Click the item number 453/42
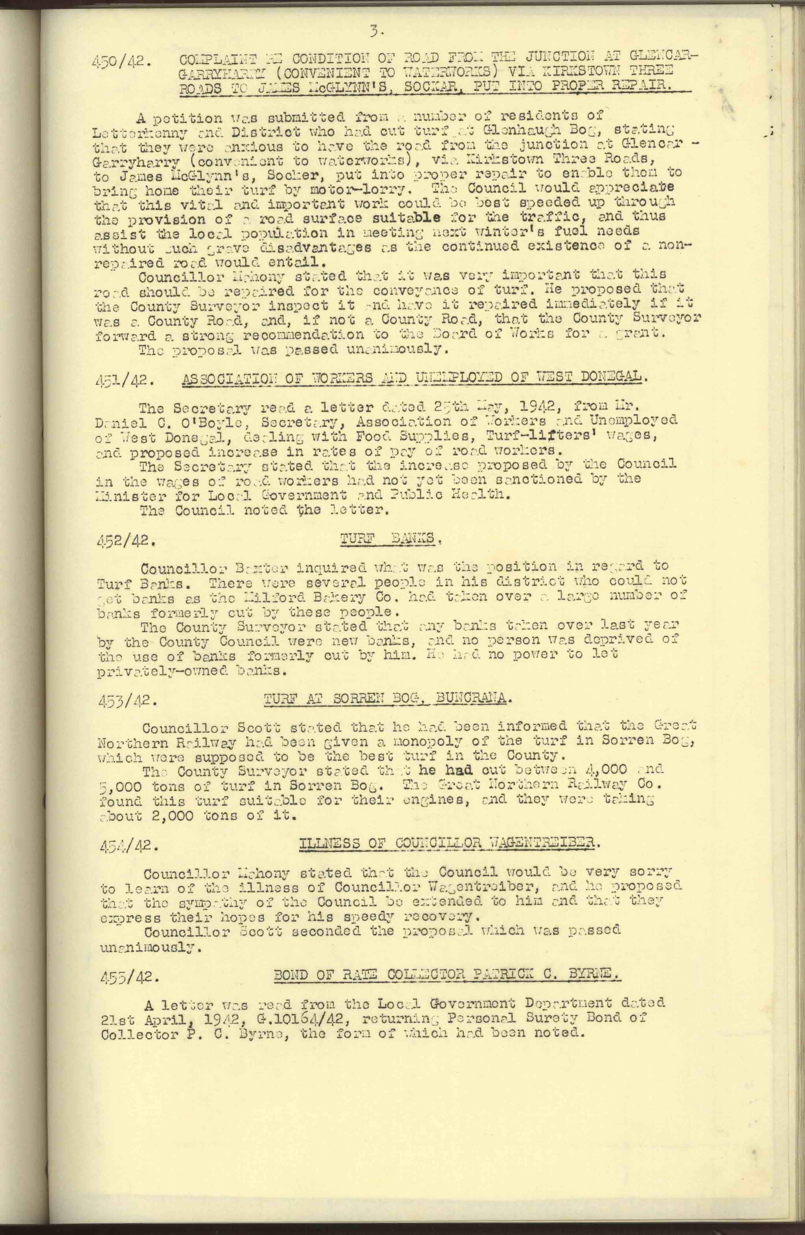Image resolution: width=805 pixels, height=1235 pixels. pyautogui.click(x=126, y=701)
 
